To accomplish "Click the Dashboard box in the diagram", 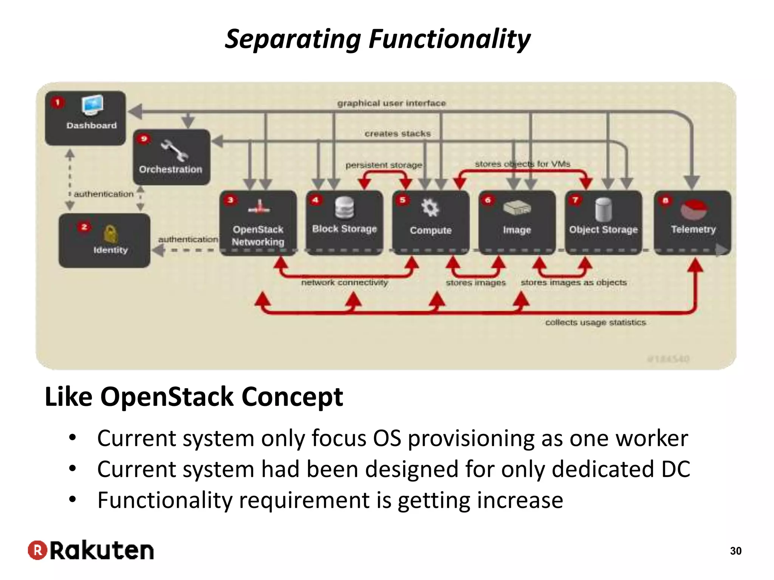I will click(x=85, y=118).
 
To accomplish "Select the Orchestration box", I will click(x=172, y=157).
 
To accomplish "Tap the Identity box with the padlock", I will click(x=104, y=241).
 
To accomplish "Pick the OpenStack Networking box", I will click(x=258, y=223).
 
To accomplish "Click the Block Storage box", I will click(x=344, y=223).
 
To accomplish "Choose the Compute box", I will click(x=431, y=223).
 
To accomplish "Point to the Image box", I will click(x=517, y=223).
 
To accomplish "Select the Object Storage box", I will click(x=604, y=223).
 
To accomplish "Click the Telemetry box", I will click(x=693, y=223).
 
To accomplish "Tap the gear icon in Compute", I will click(x=430, y=207).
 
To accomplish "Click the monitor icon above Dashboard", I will click(x=92, y=105).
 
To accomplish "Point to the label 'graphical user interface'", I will click(x=392, y=103).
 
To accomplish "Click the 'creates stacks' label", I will click(x=398, y=134).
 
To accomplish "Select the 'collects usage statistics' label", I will click(x=596, y=322).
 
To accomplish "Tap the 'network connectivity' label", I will click(x=345, y=282).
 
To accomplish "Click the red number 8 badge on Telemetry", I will click(x=666, y=201).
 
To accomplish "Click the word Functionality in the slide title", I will click(x=449, y=39).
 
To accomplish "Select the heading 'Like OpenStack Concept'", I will click(x=194, y=397).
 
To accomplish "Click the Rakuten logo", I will click(x=91, y=550).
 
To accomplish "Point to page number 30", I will click(x=735, y=551).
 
